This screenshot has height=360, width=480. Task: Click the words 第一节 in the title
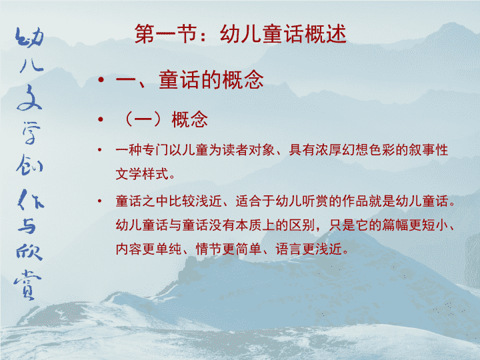pyautogui.click(x=166, y=34)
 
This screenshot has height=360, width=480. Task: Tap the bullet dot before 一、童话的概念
pyautogui.click(x=101, y=80)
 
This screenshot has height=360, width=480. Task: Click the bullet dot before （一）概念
pyautogui.click(x=101, y=119)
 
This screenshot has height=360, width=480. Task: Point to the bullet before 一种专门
pyautogui.click(x=99, y=150)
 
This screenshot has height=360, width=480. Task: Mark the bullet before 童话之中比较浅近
pyautogui.click(x=99, y=201)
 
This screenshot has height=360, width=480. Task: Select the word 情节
pyautogui.click(x=209, y=249)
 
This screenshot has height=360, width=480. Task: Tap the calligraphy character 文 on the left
pyautogui.click(x=29, y=98)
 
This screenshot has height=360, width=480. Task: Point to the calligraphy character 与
pyautogui.click(x=27, y=227)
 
